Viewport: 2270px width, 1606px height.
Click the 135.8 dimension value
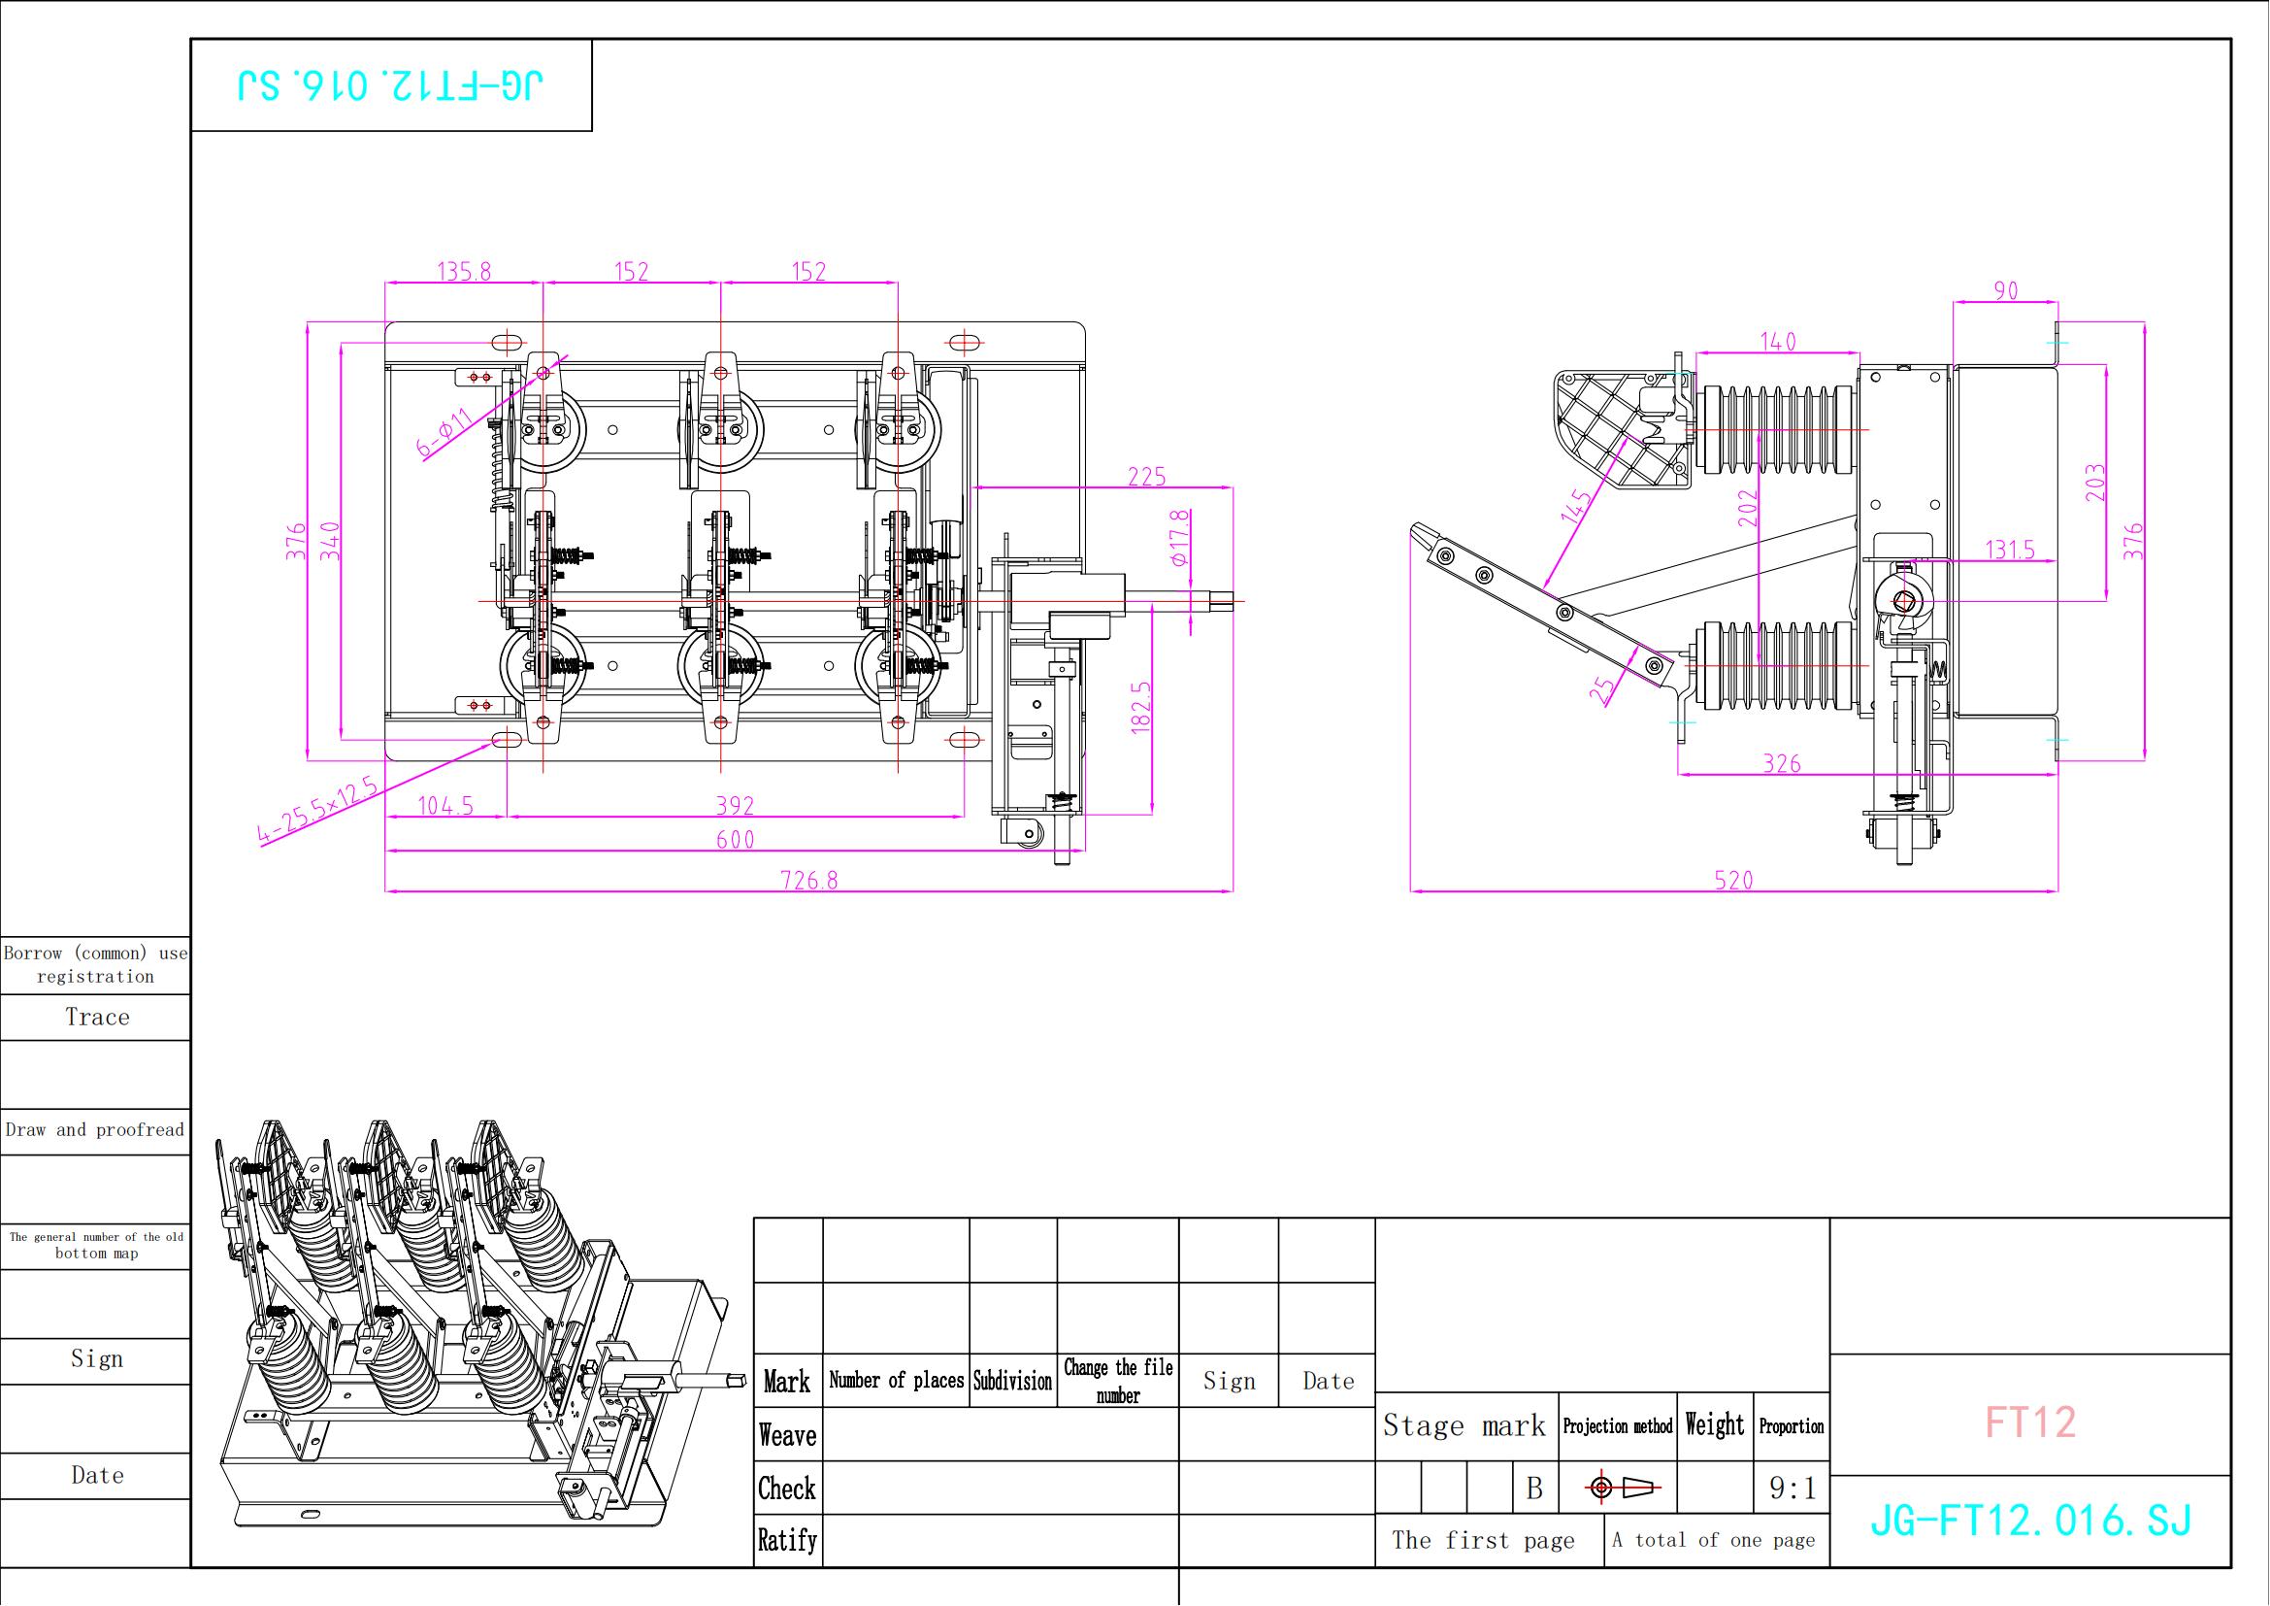(465, 271)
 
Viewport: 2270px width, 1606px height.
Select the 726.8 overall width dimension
(809, 880)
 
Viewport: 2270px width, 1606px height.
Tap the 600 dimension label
(736, 840)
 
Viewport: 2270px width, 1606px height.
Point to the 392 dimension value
(736, 806)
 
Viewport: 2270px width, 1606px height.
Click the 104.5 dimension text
(445, 806)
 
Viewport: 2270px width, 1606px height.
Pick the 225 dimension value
(1148, 477)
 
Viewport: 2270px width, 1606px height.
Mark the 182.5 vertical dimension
(1141, 706)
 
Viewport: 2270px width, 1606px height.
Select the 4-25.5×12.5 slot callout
(318, 811)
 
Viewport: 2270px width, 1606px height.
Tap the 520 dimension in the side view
(1734, 880)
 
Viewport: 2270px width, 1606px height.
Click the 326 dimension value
(1783, 763)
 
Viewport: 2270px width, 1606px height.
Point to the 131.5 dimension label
(2011, 550)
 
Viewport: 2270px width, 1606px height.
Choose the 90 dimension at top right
(2006, 290)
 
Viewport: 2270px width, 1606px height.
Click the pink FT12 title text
(2030, 1422)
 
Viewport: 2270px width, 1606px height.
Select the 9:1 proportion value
(1793, 1489)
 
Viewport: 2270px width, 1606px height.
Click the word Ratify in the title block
(788, 1540)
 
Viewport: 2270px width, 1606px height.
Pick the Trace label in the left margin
(98, 1017)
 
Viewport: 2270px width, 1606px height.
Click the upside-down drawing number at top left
(390, 86)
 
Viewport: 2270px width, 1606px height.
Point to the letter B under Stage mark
(1534, 1489)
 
